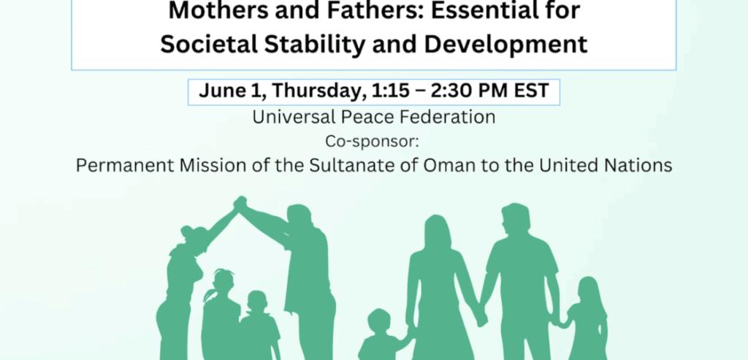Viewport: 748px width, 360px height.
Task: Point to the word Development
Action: pyautogui.click(x=506, y=45)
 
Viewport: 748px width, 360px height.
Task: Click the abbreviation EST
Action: pyautogui.click(x=532, y=91)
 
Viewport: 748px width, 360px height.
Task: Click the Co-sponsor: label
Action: pyautogui.click(x=372, y=142)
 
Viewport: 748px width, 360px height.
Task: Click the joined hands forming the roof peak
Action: pyautogui.click(x=240, y=204)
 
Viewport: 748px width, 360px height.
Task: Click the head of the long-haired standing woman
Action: pyautogui.click(x=438, y=234)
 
